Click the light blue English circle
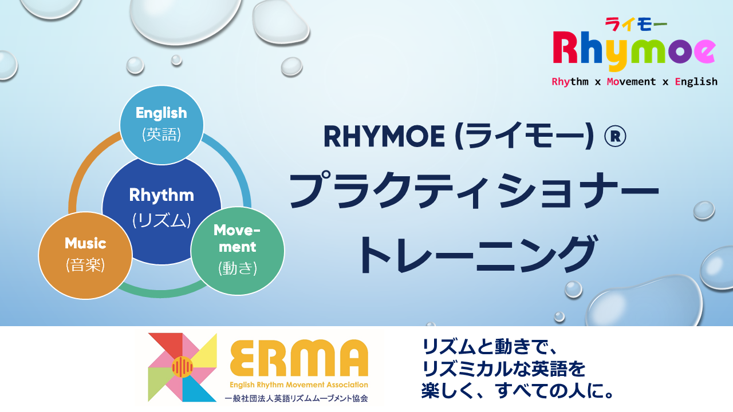pyautogui.click(x=161, y=125)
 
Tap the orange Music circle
pyautogui.click(x=85, y=255)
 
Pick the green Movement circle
pyautogui.click(x=238, y=251)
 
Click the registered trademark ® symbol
pyautogui.click(x=615, y=137)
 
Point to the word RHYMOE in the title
pyautogui.click(x=384, y=137)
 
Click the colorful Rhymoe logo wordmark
pyautogui.click(x=634, y=50)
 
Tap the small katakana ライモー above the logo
pyautogui.click(x=636, y=24)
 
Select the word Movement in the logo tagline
pyautogui.click(x=631, y=81)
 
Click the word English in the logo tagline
pyautogui.click(x=696, y=81)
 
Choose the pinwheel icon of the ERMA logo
pyautogui.click(x=182, y=367)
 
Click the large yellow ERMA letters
pyautogui.click(x=299, y=358)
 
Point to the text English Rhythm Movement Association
pyautogui.click(x=299, y=385)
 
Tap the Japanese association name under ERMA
pyautogui.click(x=296, y=398)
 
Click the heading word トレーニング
pyautogui.click(x=478, y=255)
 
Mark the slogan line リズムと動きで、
pyautogui.click(x=490, y=347)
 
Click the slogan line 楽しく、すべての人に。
pyautogui.click(x=518, y=391)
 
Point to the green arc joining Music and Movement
pyautogui.click(x=161, y=293)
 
